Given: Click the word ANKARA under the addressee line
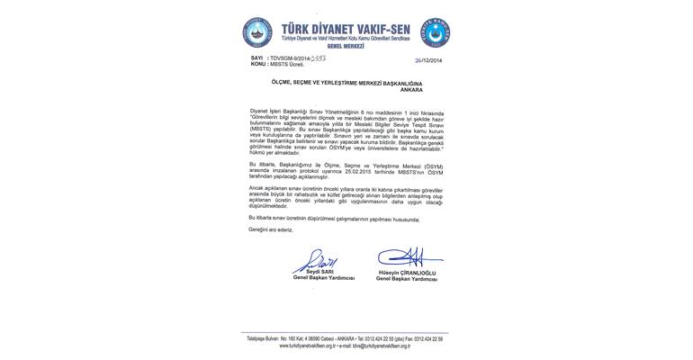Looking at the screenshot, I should [409, 89].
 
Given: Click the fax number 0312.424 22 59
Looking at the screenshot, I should [427, 337].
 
